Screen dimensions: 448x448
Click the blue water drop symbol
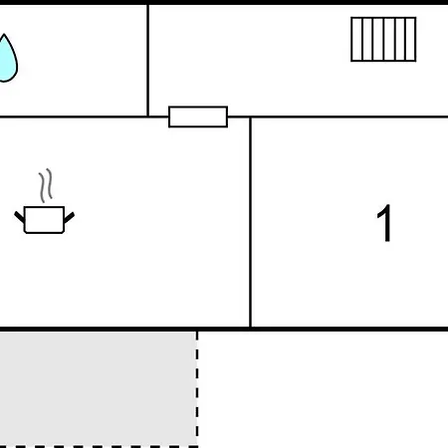pyautogui.click(x=7, y=60)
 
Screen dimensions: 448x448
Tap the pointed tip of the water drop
pyautogui.click(x=4, y=34)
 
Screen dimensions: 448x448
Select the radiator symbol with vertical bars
pyautogui.click(x=383, y=39)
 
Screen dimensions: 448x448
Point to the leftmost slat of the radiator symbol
pyautogui.click(x=357, y=39)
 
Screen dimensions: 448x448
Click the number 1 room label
pyautogui.click(x=384, y=223)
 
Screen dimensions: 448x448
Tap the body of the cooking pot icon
pyautogui.click(x=44, y=220)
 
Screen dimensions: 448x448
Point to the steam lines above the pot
pyautogui.click(x=46, y=185)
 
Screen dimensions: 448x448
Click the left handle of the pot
pyautogui.click(x=19, y=217)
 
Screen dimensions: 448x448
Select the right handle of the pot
pyautogui.click(x=69, y=217)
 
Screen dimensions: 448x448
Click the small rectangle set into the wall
pyautogui.click(x=198, y=116)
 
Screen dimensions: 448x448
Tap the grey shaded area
pyautogui.click(x=98, y=388)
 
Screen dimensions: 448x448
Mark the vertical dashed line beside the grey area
pyautogui.click(x=197, y=388)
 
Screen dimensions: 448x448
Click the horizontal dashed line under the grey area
pyautogui.click(x=99, y=447)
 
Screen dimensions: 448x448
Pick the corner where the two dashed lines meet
pyautogui.click(x=197, y=446)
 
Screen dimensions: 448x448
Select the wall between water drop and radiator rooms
pyautogui.click(x=147, y=61)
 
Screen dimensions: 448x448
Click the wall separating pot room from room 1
pyautogui.click(x=250, y=222)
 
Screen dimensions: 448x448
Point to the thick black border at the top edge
pyautogui.click(x=224, y=2)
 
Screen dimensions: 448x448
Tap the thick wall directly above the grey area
pyautogui.click(x=99, y=330)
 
